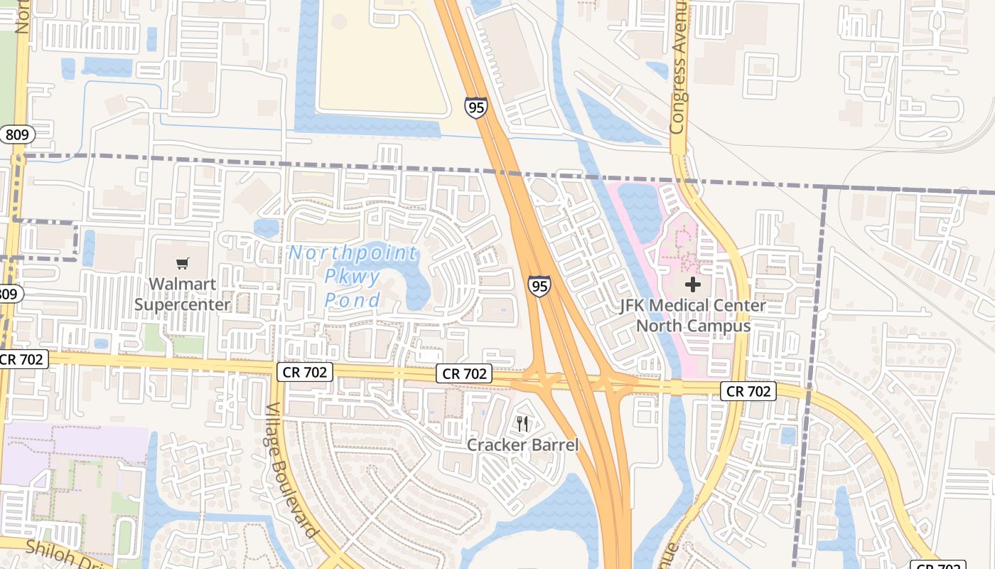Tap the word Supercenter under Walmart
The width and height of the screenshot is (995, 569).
click(183, 304)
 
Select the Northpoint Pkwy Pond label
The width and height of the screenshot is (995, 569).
click(353, 276)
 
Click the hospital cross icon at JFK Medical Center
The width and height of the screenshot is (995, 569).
click(693, 285)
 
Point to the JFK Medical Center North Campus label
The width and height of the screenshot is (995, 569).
click(693, 316)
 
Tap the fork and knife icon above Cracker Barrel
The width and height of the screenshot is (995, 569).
click(522, 424)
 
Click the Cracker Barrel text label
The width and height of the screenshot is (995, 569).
click(522, 445)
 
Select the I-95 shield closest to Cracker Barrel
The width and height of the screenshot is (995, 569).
click(539, 287)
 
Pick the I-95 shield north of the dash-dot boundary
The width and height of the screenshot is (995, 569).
click(476, 108)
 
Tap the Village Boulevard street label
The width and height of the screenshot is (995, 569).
click(291, 469)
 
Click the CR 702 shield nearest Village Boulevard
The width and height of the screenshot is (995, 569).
click(305, 371)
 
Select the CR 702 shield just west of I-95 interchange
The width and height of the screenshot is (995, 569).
click(465, 373)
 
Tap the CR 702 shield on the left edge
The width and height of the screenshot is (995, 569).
click(23, 359)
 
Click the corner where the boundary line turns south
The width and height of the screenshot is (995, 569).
click(825, 188)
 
